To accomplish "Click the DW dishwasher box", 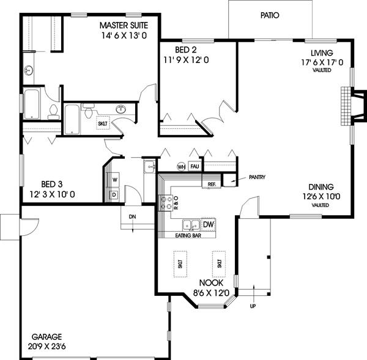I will (x=208, y=225).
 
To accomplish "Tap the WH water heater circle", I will (x=182, y=166).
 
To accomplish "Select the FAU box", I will (x=195, y=166).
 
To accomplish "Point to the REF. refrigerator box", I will (x=212, y=183).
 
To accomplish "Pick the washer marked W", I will (x=114, y=180).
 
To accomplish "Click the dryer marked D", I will (x=114, y=194).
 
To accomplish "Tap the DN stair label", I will (x=132, y=216).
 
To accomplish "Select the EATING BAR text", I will (x=187, y=235).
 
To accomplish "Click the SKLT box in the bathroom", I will (x=103, y=123).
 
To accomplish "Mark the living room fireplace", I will (x=346, y=106).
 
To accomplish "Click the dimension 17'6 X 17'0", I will (x=321, y=62).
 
